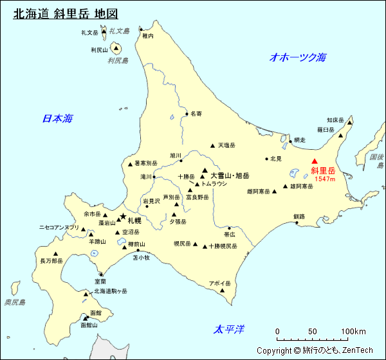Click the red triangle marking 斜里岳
315,162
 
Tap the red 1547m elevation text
325,179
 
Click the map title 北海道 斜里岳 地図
66,14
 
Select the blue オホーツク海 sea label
298,57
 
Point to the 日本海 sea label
57,118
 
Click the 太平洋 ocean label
230,330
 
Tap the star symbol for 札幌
123,217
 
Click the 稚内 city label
148,37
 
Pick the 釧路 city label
299,216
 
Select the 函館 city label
96,312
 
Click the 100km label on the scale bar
353,332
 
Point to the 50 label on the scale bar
313,332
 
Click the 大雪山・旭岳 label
230,175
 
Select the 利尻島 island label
118,60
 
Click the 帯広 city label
230,235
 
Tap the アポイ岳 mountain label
219,283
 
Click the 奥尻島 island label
14,302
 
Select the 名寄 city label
196,114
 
